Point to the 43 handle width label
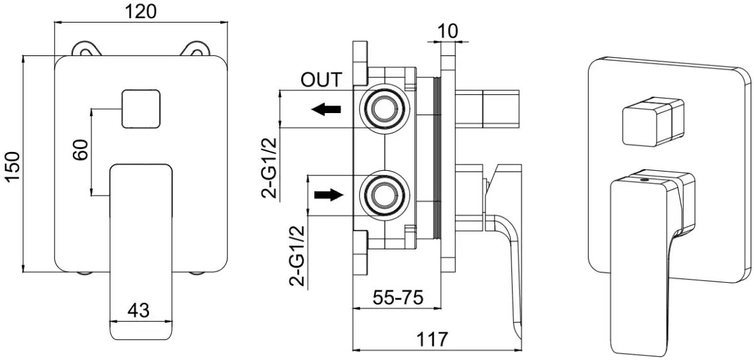click(139, 310)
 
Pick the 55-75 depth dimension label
click(398, 296)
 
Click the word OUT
click(321, 80)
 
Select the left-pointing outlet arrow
click(327, 109)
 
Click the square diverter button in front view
click(140, 109)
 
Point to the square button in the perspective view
click(650, 124)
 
